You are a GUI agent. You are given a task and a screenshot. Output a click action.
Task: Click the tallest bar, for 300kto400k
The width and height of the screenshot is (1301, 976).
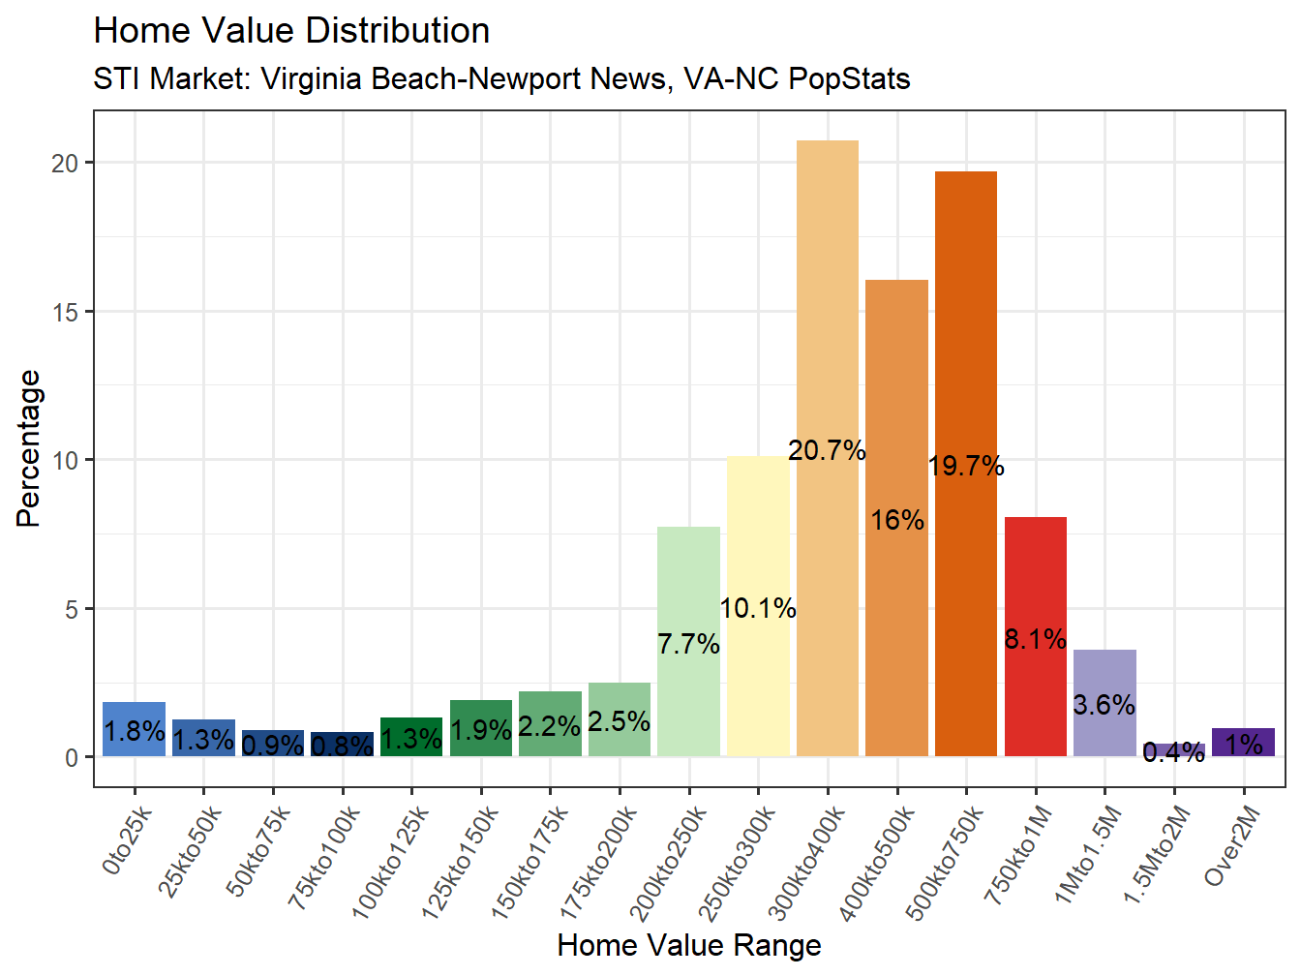[x=827, y=290]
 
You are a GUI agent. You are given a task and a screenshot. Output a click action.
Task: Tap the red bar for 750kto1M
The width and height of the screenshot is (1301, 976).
[x=1035, y=581]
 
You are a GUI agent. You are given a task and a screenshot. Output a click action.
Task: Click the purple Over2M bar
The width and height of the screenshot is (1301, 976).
[x=1243, y=743]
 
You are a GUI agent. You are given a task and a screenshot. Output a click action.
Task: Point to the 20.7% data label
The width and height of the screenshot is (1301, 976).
[x=827, y=450]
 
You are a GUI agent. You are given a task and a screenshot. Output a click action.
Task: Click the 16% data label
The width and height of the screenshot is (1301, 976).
[x=896, y=521]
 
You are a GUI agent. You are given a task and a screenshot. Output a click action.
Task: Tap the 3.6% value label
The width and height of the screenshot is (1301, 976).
[x=1104, y=705]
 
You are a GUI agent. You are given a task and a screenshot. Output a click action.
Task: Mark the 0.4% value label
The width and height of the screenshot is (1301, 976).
[x=1173, y=752]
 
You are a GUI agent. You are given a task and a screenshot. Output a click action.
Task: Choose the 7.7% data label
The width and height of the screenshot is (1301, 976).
[x=688, y=644]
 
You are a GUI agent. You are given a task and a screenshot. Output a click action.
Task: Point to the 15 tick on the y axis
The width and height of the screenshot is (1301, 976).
[x=65, y=312]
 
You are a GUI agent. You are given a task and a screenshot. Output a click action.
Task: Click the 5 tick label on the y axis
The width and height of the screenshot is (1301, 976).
[x=71, y=609]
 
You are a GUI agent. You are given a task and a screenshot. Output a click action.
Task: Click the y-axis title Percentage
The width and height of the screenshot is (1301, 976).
[x=29, y=448]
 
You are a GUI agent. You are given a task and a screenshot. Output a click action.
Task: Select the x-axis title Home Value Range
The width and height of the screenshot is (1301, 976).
[x=689, y=945]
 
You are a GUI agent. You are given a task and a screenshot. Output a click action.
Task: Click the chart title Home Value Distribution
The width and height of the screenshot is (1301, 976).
[x=291, y=31]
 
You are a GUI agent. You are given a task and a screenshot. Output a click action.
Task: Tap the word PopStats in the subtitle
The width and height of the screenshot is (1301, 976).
[x=849, y=78]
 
